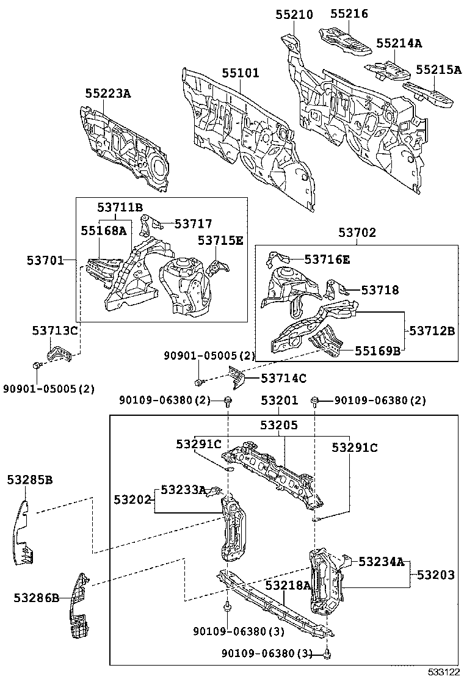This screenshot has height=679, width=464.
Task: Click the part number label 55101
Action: point(240,73)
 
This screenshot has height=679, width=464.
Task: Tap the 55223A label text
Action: point(107,93)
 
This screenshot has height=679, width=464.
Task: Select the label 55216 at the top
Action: point(349,13)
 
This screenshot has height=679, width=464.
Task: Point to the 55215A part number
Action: point(438,70)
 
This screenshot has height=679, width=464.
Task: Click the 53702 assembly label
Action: point(357,233)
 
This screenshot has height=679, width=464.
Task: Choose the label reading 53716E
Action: point(327,260)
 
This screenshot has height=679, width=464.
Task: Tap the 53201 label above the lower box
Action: point(279,401)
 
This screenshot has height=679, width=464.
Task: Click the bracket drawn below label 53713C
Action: point(60,354)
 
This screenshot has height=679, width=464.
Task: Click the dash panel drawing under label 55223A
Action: point(125,144)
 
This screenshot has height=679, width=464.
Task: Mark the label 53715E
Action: point(220,241)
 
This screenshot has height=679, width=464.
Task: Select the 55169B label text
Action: point(379,350)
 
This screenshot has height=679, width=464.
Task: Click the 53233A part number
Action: point(183,490)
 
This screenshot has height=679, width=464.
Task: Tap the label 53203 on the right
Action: point(436,575)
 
